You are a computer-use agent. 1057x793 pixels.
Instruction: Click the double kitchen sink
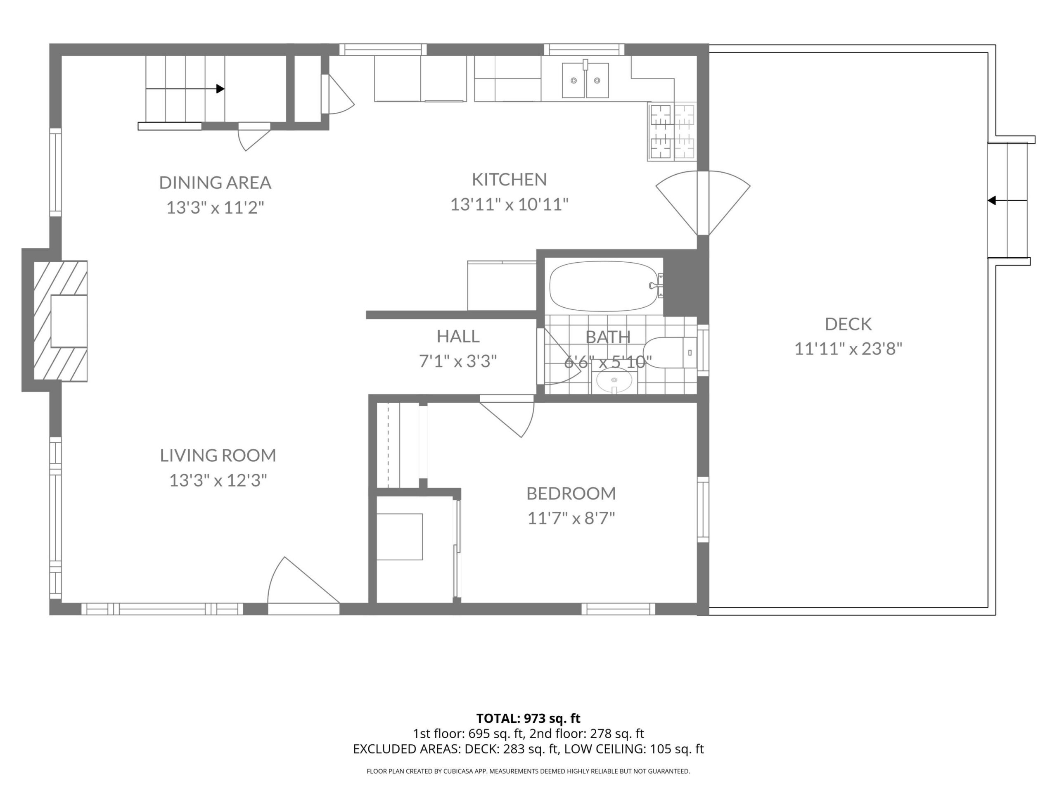click(585, 80)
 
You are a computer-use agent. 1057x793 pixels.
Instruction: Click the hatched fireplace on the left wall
click(60, 321)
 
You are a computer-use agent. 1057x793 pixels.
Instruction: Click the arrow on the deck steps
click(1007, 200)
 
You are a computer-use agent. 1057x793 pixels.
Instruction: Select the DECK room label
click(848, 324)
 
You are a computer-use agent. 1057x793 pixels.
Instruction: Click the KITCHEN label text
click(510, 179)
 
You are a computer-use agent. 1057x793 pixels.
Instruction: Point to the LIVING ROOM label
click(218, 455)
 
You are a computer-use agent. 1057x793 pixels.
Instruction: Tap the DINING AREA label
click(215, 182)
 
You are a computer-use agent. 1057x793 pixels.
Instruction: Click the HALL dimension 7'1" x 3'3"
click(458, 361)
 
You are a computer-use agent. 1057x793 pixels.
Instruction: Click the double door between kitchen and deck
click(703, 203)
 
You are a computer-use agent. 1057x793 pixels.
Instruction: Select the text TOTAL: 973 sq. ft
click(528, 718)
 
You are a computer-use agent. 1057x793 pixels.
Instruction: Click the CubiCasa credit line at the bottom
click(528, 771)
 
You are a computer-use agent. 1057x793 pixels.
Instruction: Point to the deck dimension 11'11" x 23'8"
click(848, 349)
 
